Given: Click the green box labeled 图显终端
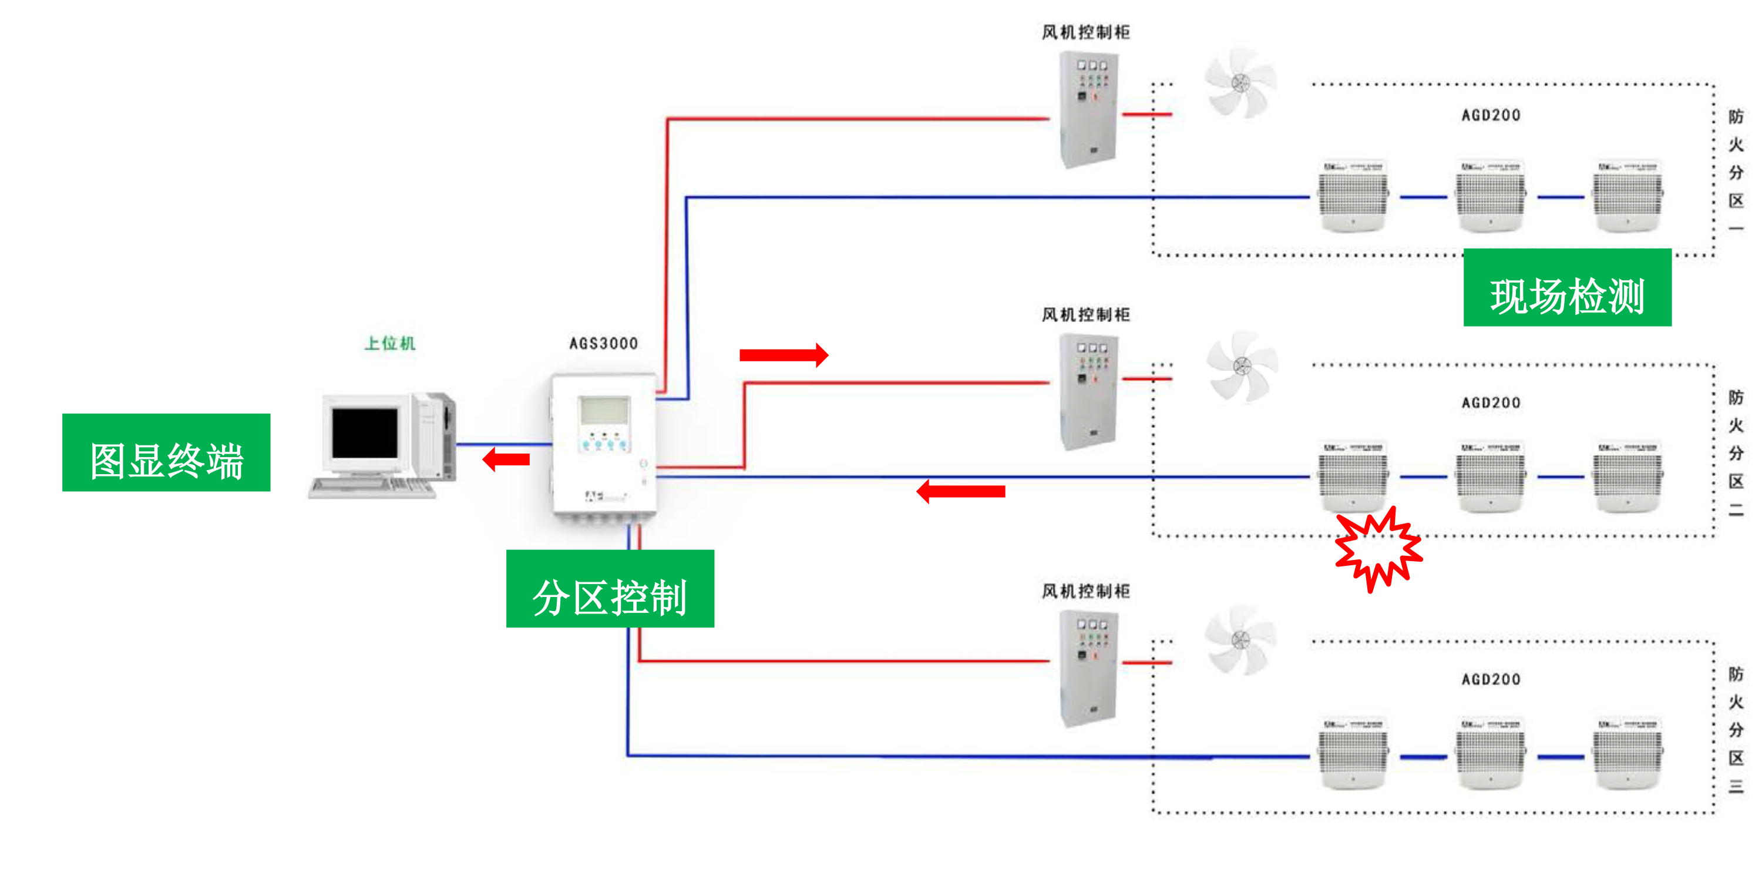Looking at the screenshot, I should click(166, 452).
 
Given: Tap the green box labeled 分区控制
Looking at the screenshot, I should click(610, 588).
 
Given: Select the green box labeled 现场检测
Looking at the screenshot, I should click(1566, 287).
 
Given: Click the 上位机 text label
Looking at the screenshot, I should click(390, 343).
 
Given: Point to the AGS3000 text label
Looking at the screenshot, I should click(603, 343).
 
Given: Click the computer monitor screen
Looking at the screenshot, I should click(365, 433).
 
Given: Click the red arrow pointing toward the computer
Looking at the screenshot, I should click(506, 458).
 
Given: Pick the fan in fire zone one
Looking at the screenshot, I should click(1240, 83).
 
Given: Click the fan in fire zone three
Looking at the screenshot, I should click(1240, 640).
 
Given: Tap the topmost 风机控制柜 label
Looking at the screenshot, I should click(1085, 32).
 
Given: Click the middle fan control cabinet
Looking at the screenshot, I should click(1088, 391).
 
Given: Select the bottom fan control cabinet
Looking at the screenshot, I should click(1088, 667).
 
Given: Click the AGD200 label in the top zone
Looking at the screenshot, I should click(1491, 115).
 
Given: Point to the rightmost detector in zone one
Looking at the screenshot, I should click(1628, 196).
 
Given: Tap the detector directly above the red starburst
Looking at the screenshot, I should click(1354, 475).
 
